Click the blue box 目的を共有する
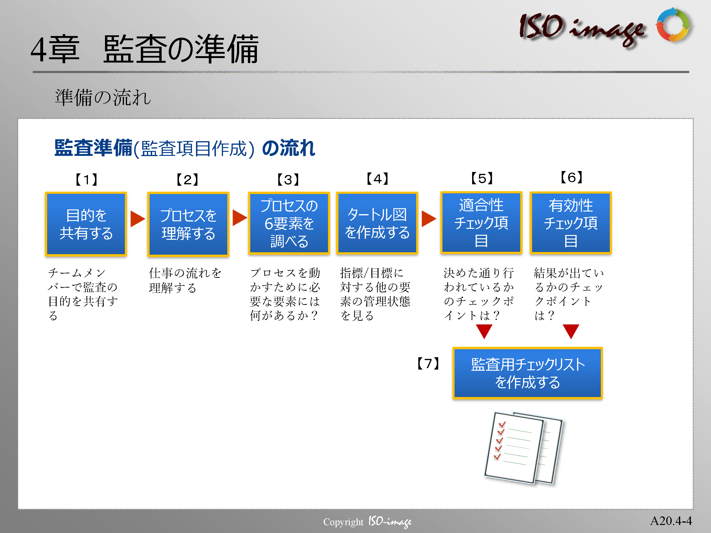click(86, 224)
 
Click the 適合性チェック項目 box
click(481, 223)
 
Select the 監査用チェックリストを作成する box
click(528, 373)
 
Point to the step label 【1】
click(86, 180)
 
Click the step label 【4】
click(377, 179)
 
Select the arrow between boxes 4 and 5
click(429, 219)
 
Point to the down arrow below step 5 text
click(484, 331)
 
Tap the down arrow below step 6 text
click(571, 331)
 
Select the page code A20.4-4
click(671, 520)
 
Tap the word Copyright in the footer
click(343, 522)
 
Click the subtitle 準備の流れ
click(103, 97)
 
